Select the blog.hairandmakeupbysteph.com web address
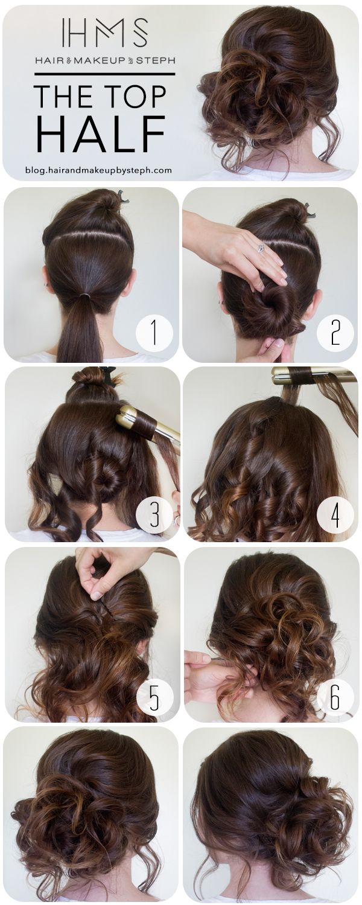pyautogui.click(x=98, y=170)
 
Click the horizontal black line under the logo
pyautogui.click(x=104, y=74)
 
